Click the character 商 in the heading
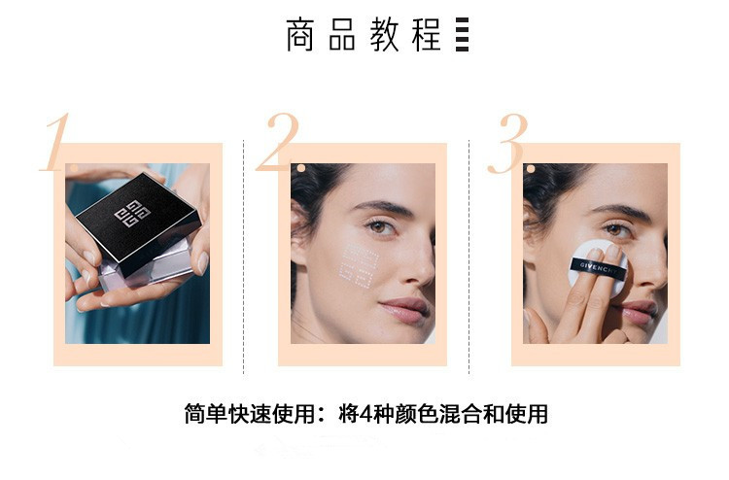click(300, 35)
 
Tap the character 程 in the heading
click(426, 35)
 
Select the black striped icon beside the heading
click(462, 35)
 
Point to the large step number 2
click(277, 141)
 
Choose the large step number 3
click(507, 143)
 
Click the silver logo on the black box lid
click(132, 214)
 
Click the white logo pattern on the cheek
click(359, 265)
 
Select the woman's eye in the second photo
click(381, 227)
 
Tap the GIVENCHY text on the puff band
click(599, 267)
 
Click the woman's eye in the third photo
click(614, 229)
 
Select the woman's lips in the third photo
click(641, 310)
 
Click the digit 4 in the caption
click(366, 414)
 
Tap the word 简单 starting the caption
click(206, 414)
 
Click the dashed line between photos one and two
click(244, 257)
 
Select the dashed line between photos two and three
click(469, 257)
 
